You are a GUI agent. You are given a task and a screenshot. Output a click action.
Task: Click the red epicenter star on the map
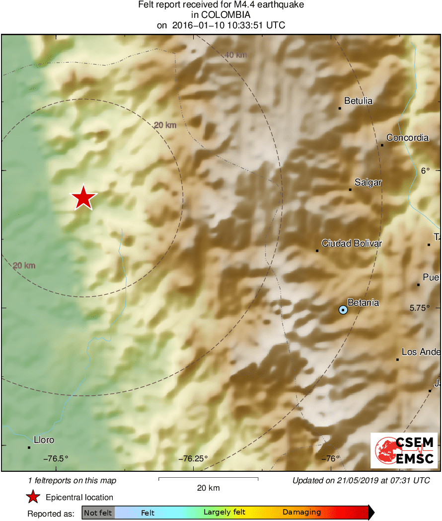[84, 198]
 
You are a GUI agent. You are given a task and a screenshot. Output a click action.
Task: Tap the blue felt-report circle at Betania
[343, 310]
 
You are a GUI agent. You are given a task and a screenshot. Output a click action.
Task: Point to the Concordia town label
[407, 138]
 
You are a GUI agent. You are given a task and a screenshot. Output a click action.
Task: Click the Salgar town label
[368, 182]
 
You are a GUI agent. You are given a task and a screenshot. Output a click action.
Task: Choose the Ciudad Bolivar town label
[352, 243]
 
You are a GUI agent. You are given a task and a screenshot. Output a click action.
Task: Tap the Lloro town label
[44, 440]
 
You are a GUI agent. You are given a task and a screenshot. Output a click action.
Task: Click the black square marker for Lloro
[29, 447]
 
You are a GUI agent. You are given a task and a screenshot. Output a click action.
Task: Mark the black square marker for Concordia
[382, 145]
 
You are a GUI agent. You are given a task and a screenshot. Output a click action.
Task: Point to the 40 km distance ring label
[235, 55]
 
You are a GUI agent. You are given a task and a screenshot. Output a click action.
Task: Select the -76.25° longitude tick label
[193, 458]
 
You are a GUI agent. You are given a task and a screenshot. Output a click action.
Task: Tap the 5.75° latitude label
[420, 308]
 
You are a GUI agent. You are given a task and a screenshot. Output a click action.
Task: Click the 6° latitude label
[426, 171]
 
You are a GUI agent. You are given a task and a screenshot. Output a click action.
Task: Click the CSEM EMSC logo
[404, 450]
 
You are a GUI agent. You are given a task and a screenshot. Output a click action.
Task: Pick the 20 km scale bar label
[208, 488]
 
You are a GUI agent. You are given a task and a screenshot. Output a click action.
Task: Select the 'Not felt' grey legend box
[98, 513]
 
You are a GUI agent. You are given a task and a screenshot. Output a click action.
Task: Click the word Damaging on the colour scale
[301, 513]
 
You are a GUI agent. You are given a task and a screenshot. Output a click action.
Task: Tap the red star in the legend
[33, 497]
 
